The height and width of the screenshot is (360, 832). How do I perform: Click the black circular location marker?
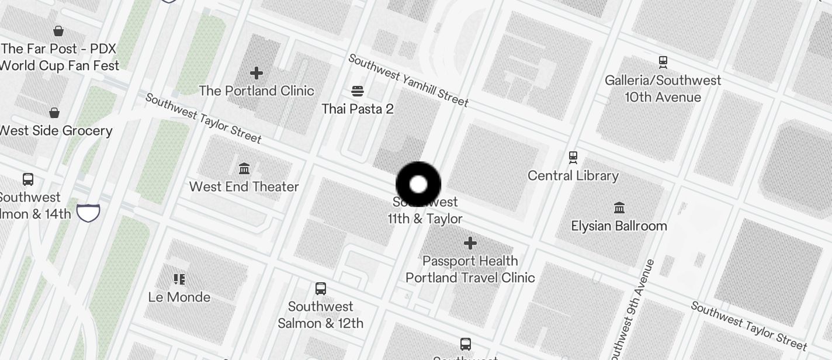[x=418, y=185]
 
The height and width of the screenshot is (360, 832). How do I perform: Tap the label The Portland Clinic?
[x=256, y=91]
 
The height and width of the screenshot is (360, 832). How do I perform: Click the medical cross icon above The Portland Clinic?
[x=256, y=73]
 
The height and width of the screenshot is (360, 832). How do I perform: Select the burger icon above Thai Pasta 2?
[x=358, y=91]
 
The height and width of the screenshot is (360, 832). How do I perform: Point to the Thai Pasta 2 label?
[x=358, y=109]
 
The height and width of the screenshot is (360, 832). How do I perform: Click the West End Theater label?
[x=244, y=186]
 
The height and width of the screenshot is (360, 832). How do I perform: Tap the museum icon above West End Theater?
[x=244, y=169]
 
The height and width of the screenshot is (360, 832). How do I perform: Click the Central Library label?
[x=573, y=175]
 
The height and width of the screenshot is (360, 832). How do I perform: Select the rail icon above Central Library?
[x=573, y=157]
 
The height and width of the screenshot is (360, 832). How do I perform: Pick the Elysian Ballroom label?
[x=619, y=226]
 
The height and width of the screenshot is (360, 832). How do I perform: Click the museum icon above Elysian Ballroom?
[x=619, y=207]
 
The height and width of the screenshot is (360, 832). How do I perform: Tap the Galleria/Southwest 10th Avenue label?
[x=663, y=88]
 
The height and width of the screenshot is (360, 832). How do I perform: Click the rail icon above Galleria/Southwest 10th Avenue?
[x=663, y=61]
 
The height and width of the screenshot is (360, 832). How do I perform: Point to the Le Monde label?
[x=179, y=297]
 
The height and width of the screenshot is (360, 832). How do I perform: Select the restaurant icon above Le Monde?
[x=179, y=279]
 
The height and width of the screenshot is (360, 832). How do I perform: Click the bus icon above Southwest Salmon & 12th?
[x=320, y=288]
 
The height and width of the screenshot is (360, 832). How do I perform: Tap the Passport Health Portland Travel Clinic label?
[x=470, y=269]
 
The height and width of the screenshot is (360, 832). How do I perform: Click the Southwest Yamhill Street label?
[x=408, y=81]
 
